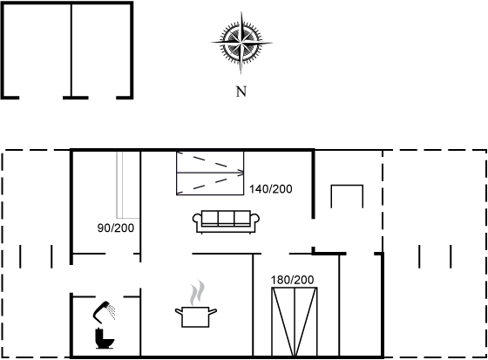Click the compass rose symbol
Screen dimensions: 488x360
[x=241, y=43]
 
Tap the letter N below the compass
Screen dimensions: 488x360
[x=241, y=92]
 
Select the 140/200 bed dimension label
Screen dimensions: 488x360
[x=271, y=189]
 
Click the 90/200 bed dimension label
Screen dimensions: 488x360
[x=116, y=228]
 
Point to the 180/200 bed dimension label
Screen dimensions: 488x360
[x=292, y=280]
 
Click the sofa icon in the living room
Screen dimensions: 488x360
[x=226, y=221]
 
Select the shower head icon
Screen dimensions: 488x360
[x=101, y=309]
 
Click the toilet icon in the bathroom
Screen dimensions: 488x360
[x=104, y=338]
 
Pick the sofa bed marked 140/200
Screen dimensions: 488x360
[x=210, y=173]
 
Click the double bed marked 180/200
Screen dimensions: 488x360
[x=295, y=322]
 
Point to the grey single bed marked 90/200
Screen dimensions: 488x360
[x=128, y=185]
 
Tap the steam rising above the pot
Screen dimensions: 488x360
[x=198, y=292]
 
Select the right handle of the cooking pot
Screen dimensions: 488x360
[x=213, y=311]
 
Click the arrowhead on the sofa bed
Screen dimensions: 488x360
[x=241, y=173]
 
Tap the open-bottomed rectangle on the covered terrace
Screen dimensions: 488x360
[x=347, y=186]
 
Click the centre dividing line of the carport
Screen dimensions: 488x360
[x=71, y=51]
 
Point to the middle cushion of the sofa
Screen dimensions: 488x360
[x=226, y=218]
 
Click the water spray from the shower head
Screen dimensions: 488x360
[x=112, y=312]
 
